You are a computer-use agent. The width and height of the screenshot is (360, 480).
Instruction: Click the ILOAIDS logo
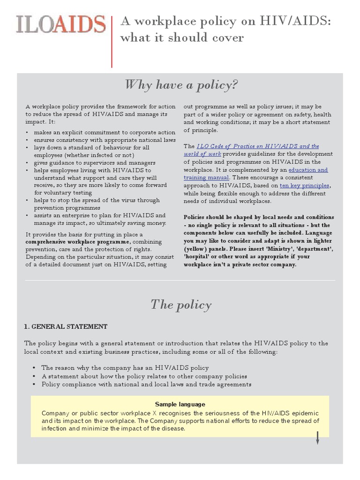coord(60,24)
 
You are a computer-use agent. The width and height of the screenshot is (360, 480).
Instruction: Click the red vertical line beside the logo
coord(112,41)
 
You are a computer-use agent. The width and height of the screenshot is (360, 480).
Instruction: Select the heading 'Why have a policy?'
coord(181,85)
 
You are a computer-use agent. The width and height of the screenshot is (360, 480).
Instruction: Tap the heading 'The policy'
coord(181,305)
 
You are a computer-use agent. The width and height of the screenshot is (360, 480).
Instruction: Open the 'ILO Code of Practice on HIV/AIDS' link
coord(257,146)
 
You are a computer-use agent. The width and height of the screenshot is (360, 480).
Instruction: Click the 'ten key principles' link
coord(305,186)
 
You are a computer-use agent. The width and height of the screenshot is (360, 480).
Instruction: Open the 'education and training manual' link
coord(307,170)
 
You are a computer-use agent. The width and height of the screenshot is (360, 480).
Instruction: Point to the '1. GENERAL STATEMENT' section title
coord(66,326)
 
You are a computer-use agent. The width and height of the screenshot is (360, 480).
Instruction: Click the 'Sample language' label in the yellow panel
coord(180,404)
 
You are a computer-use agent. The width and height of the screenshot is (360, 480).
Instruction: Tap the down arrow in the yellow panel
coord(317,438)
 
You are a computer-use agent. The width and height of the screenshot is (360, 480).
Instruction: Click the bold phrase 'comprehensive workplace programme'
coord(77,241)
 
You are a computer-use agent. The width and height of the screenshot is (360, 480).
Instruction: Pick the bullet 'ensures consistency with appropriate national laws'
coord(105,140)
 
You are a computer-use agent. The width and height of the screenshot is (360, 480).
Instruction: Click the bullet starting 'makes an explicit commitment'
coord(105,132)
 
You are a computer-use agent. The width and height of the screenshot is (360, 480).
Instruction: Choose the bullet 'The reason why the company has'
coord(125,367)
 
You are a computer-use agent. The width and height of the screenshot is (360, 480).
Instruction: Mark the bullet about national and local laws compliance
coord(146,384)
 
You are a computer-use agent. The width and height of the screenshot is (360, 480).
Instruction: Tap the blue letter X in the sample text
coord(155,413)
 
